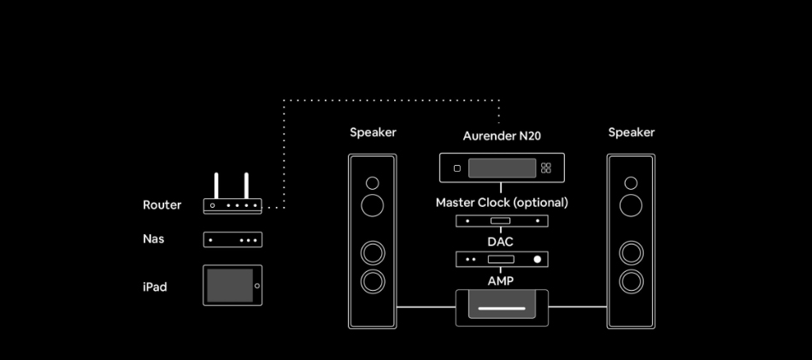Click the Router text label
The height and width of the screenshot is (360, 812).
pos(162,205)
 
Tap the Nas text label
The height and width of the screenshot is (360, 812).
pos(153,239)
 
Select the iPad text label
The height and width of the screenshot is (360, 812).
pos(155,287)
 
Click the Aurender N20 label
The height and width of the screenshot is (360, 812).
pos(502,136)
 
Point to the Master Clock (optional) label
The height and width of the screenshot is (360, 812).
pos(502,203)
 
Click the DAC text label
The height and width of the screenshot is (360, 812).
pos(501,242)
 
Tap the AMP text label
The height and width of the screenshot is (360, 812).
pos(501,280)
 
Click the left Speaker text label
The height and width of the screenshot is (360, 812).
pos(373,133)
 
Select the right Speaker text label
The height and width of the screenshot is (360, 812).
pos(632,133)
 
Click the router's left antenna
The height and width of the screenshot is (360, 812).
pos(217,185)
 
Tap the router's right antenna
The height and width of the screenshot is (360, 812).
pos(246,185)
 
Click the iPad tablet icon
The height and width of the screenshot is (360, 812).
pos(232,286)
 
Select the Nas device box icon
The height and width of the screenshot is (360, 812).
pos(232,240)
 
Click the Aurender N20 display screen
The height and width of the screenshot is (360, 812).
pos(502,168)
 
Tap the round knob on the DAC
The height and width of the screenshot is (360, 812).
pos(537,259)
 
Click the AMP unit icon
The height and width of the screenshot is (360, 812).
pos(502,307)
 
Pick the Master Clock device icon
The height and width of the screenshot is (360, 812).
pos(502,221)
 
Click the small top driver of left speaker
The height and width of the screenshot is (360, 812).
pos(372,182)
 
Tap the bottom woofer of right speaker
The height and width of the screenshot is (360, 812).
pos(631,280)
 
